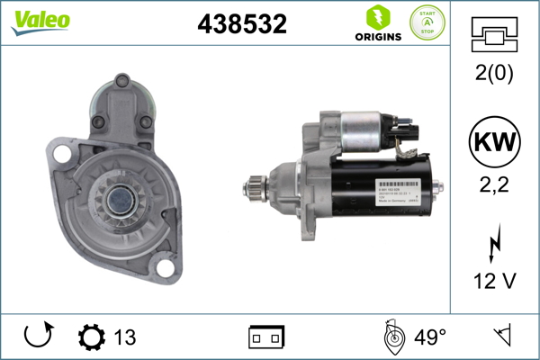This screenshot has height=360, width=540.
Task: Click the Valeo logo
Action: [41, 21]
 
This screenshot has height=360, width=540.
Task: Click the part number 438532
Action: [241, 24]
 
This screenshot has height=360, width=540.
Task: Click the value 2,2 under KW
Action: [494, 186]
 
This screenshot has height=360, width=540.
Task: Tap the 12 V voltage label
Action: [494, 281]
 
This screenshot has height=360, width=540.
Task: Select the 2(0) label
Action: [494, 74]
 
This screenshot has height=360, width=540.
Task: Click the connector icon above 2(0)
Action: [494, 35]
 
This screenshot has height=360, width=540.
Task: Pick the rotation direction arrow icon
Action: [39, 337]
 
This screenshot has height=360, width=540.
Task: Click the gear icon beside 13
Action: [92, 337]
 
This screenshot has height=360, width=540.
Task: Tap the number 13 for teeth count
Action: [125, 337]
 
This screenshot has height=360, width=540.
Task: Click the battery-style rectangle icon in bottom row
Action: [265, 337]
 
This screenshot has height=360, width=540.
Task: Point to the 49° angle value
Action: [430, 337]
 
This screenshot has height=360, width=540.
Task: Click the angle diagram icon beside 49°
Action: [391, 337]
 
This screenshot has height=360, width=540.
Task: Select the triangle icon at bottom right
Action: [502, 337]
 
